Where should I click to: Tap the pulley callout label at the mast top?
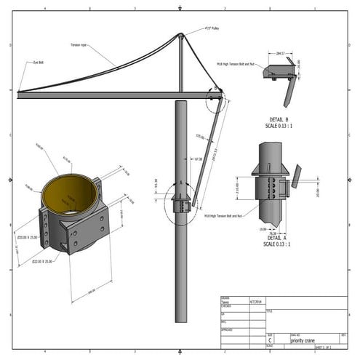[x=212, y=30]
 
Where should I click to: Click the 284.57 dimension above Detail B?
[x=279, y=54]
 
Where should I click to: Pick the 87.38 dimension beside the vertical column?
[x=198, y=159]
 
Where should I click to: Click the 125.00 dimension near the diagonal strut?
[x=200, y=136]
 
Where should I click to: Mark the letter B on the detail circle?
[x=216, y=88]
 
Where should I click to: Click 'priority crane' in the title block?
[x=306, y=339]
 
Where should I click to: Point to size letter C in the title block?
[x=271, y=339]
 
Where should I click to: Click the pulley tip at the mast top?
[x=181, y=35]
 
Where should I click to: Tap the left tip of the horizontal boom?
[x=18, y=92]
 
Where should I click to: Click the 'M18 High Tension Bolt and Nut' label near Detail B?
[x=235, y=63]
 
